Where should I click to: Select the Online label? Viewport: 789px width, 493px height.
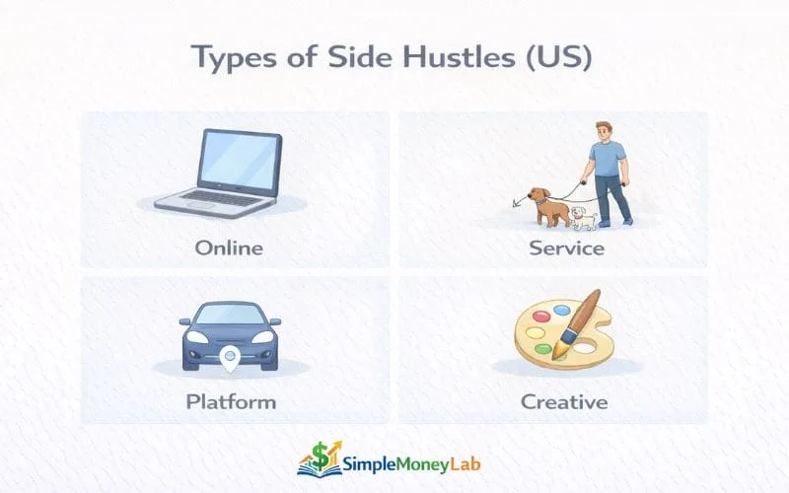pyautogui.click(x=229, y=246)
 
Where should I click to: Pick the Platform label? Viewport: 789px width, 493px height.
pyautogui.click(x=231, y=402)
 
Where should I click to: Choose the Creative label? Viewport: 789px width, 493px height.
pyautogui.click(x=564, y=402)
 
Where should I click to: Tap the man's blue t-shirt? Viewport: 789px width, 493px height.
pyautogui.click(x=606, y=158)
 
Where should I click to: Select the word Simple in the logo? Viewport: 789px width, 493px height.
pyautogui.click(x=376, y=459)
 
